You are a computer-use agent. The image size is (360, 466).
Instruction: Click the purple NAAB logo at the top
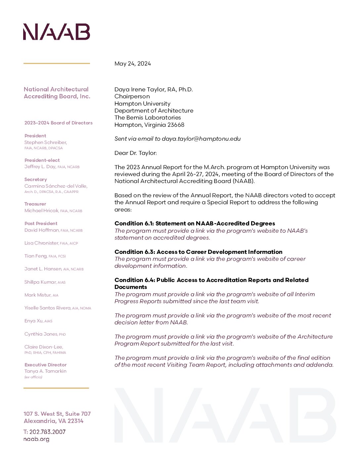point(57,32)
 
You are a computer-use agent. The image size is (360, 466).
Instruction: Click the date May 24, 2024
point(132,64)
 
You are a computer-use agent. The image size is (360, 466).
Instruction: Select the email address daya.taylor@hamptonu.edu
point(201,139)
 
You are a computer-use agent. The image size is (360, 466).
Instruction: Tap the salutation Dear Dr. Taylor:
point(136,153)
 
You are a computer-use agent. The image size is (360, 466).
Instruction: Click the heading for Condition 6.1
point(195,223)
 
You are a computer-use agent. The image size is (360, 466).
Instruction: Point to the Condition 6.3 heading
point(198,252)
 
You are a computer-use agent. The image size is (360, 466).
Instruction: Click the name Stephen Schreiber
point(46,142)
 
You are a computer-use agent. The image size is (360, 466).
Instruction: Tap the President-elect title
point(42,160)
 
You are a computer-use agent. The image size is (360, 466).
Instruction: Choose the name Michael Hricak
point(41,210)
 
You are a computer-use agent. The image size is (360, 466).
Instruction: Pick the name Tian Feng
point(36,256)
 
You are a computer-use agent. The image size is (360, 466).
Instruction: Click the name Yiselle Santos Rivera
point(47,308)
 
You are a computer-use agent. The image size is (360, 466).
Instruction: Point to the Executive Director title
point(45,365)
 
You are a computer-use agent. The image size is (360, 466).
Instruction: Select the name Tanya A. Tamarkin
point(45,371)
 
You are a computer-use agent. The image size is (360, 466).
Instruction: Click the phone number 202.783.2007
point(47,432)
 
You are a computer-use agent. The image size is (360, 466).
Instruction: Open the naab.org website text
point(36,439)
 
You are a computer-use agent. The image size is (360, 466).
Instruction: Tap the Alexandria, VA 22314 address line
point(54,421)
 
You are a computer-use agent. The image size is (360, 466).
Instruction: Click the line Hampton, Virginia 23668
point(149,125)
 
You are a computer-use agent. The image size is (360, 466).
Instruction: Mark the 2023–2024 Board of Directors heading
point(58,123)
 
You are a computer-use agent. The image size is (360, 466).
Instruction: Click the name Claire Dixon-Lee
point(43,347)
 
